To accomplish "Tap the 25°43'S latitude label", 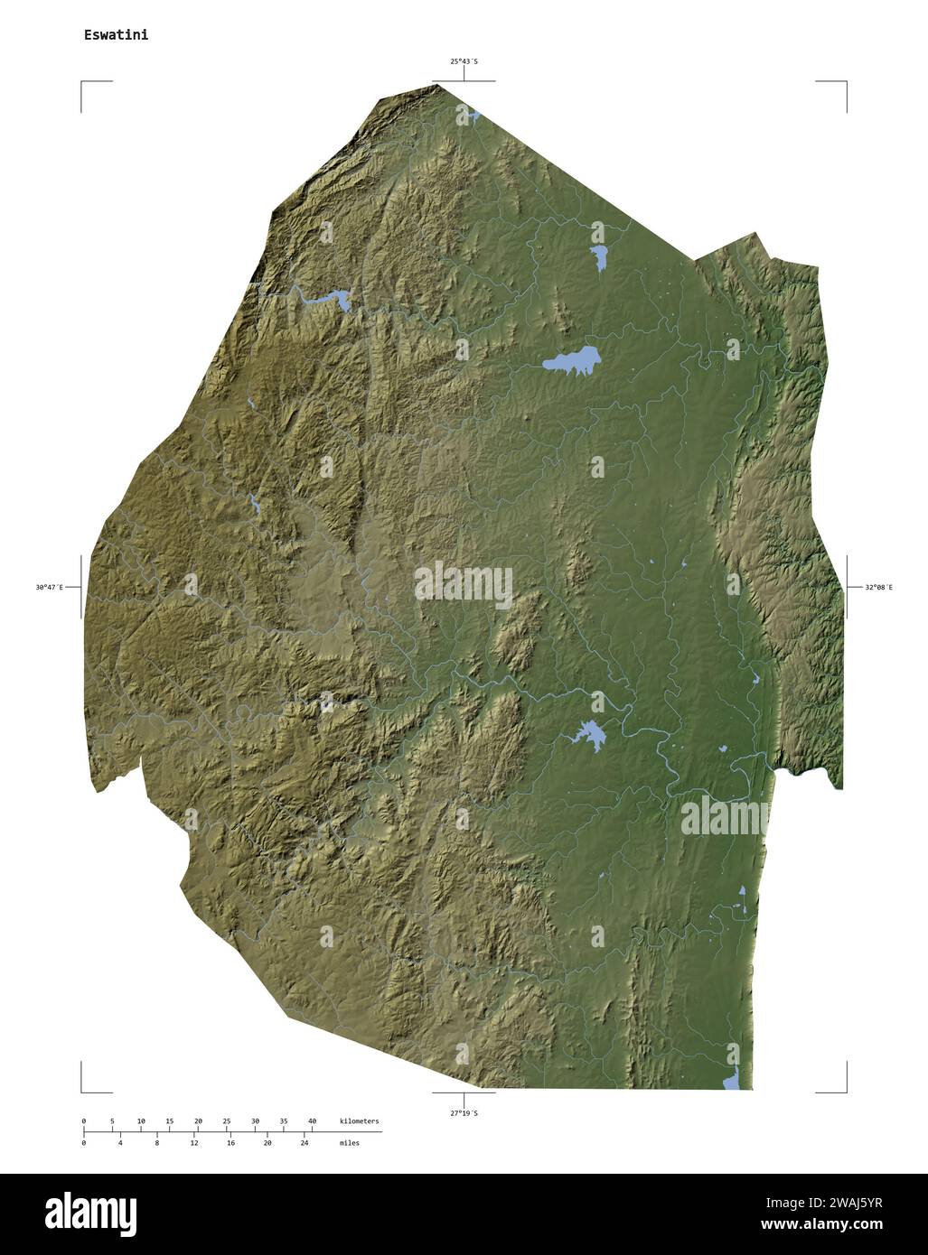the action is click(x=464, y=61).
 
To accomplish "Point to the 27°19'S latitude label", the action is click(x=464, y=1113).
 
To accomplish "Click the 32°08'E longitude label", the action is click(x=878, y=588).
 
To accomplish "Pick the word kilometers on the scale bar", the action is click(x=360, y=1120).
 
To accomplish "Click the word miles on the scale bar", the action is click(x=350, y=1143).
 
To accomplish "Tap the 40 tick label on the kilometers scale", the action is click(x=312, y=1120).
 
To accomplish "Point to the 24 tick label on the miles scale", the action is click(x=305, y=1143).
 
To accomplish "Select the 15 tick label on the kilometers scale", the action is click(x=169, y=1120).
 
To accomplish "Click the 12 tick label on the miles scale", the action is click(x=194, y=1143).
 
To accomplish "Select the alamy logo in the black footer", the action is click(x=90, y=1213).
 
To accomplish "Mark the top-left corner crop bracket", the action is click(x=83, y=84).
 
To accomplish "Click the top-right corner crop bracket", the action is click(x=845, y=84).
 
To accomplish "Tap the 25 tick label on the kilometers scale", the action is click(x=226, y=1120).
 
